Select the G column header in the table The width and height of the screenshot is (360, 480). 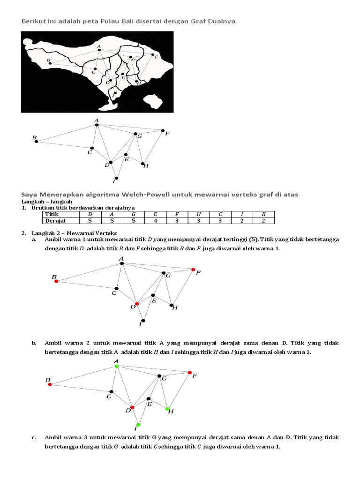coord(133,214)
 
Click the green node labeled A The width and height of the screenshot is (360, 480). coord(117,366)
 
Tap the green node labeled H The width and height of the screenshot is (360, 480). coord(167,409)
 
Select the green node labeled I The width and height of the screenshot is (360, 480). coord(138,424)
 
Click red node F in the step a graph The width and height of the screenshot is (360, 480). coord(193,270)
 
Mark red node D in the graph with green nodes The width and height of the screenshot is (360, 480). coord(132,407)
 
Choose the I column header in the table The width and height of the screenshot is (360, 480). coord(241,214)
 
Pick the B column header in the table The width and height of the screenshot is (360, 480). coord(263,214)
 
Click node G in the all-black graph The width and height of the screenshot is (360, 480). coord(135,134)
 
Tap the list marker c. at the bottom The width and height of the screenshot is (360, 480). coord(34,437)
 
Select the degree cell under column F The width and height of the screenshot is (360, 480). coord(177,220)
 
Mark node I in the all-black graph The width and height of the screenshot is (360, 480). coord(116,178)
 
